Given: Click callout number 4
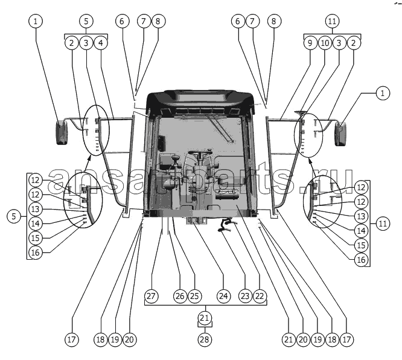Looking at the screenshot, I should click(101, 43).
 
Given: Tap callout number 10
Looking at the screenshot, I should click(325, 43).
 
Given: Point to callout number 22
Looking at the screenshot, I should click(260, 297).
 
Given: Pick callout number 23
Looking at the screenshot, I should click(244, 297).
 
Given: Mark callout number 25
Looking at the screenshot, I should click(194, 297).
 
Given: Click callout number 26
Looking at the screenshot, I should click(179, 297).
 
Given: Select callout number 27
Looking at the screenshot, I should click(151, 297).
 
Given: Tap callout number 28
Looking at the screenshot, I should click(205, 339).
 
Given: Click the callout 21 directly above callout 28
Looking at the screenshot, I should click(205, 318).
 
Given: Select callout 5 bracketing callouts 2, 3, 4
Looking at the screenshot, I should click(86, 21).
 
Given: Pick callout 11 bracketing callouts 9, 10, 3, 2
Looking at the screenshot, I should click(332, 21).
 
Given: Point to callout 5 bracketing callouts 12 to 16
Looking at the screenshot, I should click(12, 215).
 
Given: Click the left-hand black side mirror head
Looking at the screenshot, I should click(62, 133).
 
